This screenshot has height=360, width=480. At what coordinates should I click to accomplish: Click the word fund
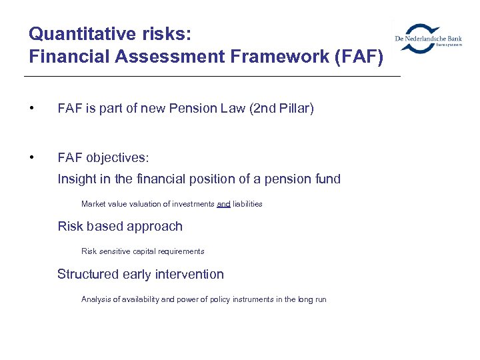[327, 179]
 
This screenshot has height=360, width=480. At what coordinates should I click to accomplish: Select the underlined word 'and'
[223, 204]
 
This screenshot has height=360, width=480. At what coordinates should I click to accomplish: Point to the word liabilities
[247, 204]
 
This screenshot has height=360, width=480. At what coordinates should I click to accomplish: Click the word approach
[156, 226]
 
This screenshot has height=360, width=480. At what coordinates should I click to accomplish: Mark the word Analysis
[95, 299]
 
